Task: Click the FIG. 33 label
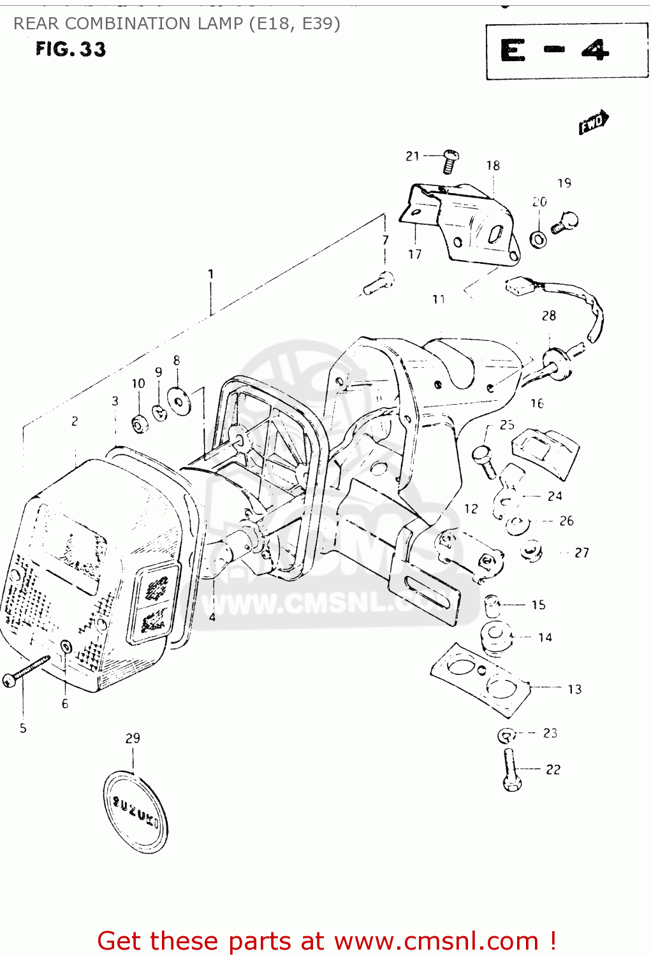pyautogui.click(x=70, y=49)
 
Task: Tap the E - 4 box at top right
pyautogui.click(x=566, y=51)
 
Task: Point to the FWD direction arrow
pyautogui.click(x=594, y=122)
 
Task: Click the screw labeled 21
pyautogui.click(x=450, y=161)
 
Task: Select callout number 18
pyautogui.click(x=493, y=166)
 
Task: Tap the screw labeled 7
pyautogui.click(x=379, y=283)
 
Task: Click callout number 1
pyautogui.click(x=210, y=275)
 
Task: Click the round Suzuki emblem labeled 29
pyautogui.click(x=135, y=811)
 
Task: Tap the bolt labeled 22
pyautogui.click(x=511, y=770)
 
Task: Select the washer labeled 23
pyautogui.click(x=506, y=735)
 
